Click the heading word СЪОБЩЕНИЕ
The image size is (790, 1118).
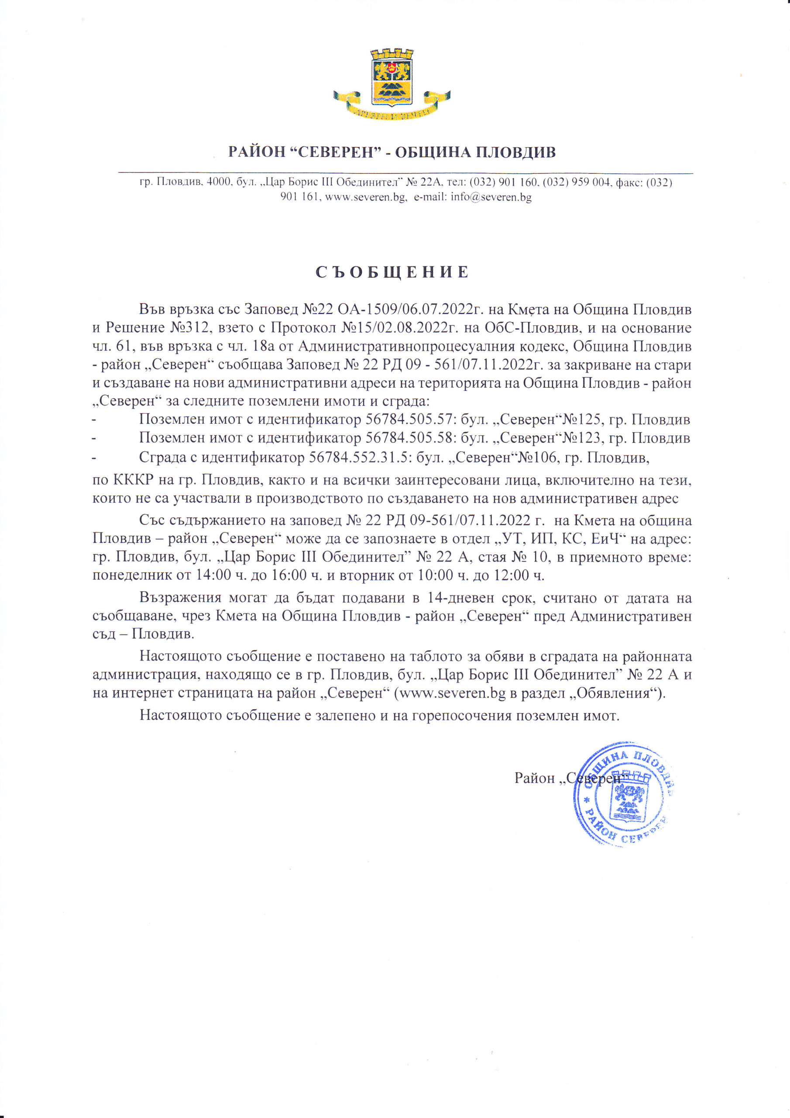[x=392, y=272]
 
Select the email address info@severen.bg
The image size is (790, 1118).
[x=491, y=197]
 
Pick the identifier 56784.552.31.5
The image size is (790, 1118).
[x=359, y=458]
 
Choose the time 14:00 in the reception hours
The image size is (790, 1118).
[x=213, y=576]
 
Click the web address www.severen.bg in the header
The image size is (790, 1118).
[x=366, y=197]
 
